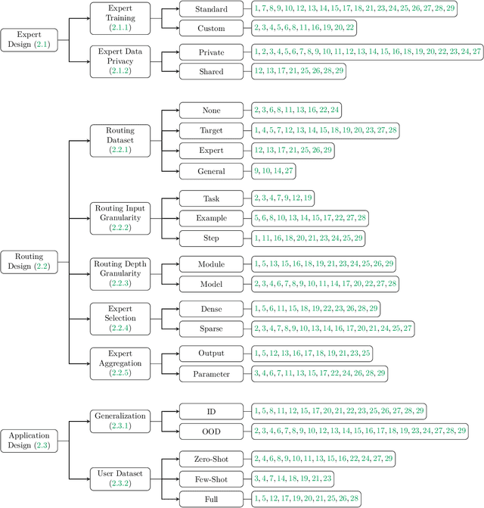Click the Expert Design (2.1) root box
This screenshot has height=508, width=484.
29,40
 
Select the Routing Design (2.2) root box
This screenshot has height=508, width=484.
29,261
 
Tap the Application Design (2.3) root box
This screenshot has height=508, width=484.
29,441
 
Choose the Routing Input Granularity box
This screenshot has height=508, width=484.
120,217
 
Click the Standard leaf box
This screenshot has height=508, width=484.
212,9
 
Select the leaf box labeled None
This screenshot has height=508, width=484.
212,111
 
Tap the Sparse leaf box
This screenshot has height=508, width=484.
212,328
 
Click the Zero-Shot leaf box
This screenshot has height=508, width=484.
212,458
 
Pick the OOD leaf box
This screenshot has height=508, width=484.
212,430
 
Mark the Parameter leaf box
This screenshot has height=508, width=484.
212,372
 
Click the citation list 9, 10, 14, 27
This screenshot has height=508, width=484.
274,171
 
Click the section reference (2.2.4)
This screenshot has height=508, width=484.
120,328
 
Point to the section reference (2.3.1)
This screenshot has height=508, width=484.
120,425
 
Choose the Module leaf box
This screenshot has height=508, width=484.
212,263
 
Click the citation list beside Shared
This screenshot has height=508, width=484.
299,70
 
